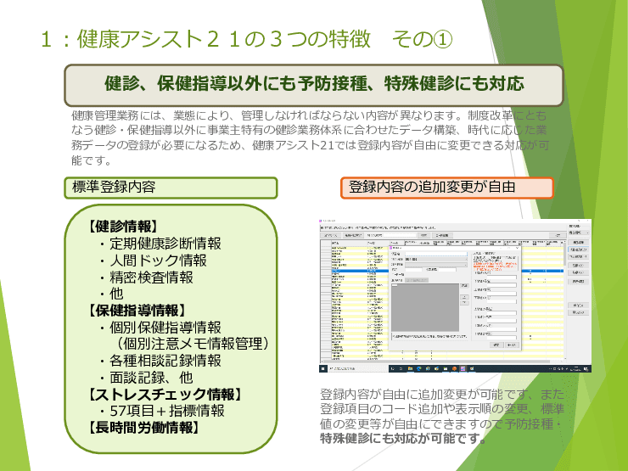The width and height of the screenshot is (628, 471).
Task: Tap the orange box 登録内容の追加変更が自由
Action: click(x=446, y=187)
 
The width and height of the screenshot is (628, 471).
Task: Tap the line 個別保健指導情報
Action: click(x=165, y=327)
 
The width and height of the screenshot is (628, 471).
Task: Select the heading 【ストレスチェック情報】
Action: click(x=165, y=394)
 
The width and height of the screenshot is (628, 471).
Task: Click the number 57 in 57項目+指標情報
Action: click(x=116, y=411)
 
